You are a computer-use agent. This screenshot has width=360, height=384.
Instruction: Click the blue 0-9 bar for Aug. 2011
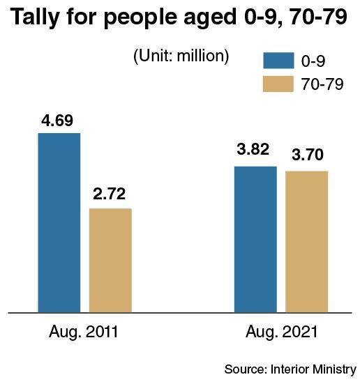(x=59, y=223)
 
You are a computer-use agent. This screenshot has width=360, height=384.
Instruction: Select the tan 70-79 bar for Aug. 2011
(x=110, y=261)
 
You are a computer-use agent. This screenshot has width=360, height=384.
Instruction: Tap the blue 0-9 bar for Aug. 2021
(x=255, y=240)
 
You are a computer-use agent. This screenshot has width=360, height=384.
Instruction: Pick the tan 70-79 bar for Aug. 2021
(x=307, y=242)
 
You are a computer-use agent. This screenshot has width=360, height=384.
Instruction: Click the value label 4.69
(x=57, y=121)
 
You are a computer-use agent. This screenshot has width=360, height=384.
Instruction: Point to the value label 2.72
(x=109, y=194)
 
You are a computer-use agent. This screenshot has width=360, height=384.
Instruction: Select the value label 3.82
(x=253, y=149)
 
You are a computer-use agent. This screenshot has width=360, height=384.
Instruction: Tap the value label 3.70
(x=308, y=155)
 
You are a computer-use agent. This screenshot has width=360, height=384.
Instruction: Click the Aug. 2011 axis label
(x=84, y=332)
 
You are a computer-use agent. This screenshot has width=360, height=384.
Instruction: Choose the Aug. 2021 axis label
(x=282, y=332)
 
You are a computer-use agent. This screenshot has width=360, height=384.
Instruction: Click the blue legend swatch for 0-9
(x=278, y=60)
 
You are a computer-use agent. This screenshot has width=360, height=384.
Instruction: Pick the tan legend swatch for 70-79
(x=278, y=84)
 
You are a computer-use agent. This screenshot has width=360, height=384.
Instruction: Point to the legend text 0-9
(x=313, y=61)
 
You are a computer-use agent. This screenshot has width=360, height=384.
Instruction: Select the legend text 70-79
(x=322, y=84)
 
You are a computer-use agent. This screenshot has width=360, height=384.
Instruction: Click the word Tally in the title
(x=35, y=17)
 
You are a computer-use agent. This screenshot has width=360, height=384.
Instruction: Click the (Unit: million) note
(x=181, y=56)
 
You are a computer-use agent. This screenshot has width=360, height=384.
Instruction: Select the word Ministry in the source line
(x=334, y=370)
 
